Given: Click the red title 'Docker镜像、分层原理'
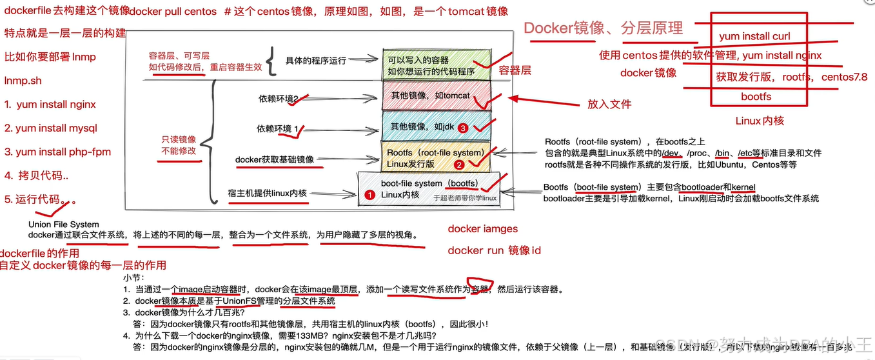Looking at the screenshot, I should click(602, 28).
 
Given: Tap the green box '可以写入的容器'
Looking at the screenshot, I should click(436, 65).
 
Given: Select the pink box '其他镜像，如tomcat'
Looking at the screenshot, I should click(435, 97).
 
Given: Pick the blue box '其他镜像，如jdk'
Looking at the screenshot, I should click(435, 126).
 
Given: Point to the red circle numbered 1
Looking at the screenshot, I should click(369, 194).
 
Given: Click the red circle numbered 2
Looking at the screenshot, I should click(459, 165).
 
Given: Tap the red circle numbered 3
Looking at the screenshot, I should click(463, 128).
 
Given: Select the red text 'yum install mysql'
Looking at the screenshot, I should click(51, 128).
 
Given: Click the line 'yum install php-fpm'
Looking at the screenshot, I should click(57, 152).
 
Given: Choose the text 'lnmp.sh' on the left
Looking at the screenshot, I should click(23, 81).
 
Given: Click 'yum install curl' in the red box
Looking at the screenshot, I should click(754, 37).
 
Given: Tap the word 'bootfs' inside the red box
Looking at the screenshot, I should click(756, 97).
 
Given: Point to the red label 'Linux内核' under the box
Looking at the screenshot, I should click(760, 121).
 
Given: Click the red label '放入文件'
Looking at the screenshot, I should click(609, 104).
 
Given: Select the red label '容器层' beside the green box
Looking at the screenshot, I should click(515, 70).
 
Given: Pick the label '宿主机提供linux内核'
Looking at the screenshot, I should click(267, 193).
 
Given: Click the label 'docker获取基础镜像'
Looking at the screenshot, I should click(275, 159).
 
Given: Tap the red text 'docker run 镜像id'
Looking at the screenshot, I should click(494, 250).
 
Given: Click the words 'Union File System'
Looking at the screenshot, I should click(64, 225).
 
